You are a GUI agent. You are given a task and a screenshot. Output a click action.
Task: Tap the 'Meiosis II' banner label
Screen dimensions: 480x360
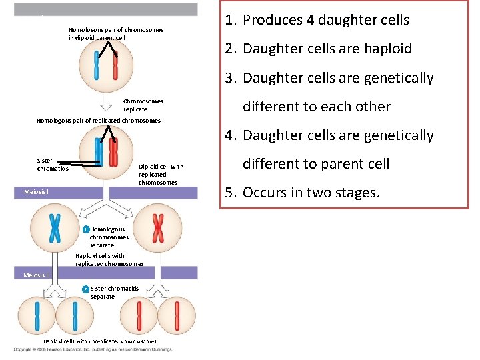pos(37,275)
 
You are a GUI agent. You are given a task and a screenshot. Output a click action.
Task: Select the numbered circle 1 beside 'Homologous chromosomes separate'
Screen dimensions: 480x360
pos(86,229)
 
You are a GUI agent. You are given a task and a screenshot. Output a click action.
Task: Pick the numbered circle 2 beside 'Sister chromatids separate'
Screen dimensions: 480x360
pos(85,289)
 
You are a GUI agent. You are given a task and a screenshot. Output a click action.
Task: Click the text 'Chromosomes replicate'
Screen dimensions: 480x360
pos(143,105)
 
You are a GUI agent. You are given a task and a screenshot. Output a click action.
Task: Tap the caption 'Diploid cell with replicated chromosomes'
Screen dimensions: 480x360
pos(161,174)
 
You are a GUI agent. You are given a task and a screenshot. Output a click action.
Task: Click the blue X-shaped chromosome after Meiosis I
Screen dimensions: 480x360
pos(56,228)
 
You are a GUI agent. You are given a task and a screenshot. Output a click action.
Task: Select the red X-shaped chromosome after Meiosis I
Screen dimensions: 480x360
pos(158,228)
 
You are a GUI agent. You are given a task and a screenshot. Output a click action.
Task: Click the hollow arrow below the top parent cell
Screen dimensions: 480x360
pos(105,100)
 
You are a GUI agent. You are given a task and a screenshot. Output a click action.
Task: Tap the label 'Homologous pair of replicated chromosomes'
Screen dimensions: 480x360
pos(99,121)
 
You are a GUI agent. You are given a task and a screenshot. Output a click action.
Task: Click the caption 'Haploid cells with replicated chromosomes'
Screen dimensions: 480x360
pos(109,259)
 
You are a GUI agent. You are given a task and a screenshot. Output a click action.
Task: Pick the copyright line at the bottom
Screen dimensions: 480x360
pos(93,349)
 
